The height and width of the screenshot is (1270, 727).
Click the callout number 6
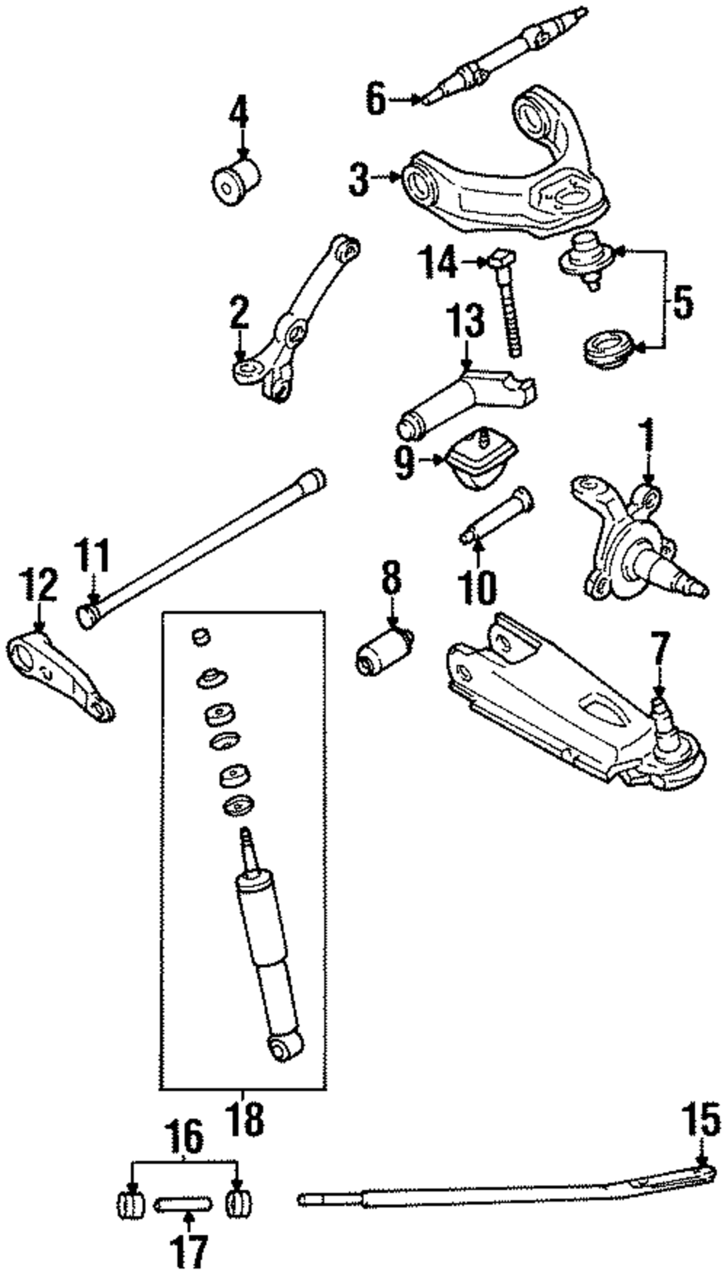(375, 98)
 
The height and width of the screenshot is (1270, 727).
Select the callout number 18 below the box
(245, 1120)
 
